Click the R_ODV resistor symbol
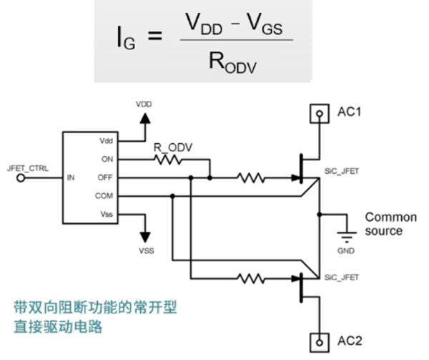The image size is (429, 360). (x=168, y=160)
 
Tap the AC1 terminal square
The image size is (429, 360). (x=319, y=113)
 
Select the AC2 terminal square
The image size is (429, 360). (x=319, y=343)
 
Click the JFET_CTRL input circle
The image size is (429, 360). (x=21, y=178)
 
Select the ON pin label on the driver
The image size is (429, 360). (x=107, y=159)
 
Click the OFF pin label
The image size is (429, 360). (x=105, y=177)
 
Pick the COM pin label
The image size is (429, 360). (x=104, y=195)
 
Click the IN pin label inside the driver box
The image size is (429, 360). (x=71, y=177)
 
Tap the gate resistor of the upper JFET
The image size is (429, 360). (x=251, y=178)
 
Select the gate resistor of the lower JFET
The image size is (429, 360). (x=251, y=278)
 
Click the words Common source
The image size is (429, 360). (x=390, y=224)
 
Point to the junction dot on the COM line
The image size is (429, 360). (x=172, y=196)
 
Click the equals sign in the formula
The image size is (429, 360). (x=155, y=36)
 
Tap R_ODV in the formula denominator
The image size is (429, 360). (x=232, y=63)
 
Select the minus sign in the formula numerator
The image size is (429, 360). (x=235, y=24)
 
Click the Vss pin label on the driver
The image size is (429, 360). (x=107, y=214)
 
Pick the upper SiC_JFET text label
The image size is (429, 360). (x=342, y=171)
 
